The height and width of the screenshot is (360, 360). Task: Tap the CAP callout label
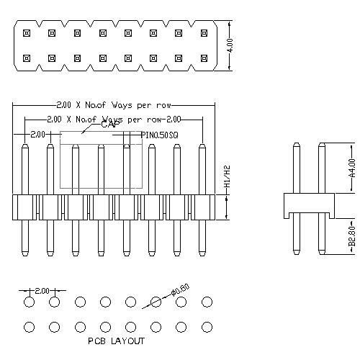tap(109, 125)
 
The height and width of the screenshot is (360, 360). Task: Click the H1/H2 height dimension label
tap(228, 177)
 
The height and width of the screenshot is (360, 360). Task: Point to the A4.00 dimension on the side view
tap(352, 168)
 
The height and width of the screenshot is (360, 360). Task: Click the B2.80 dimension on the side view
tap(352, 236)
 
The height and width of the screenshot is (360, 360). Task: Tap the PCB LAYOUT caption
tap(116, 341)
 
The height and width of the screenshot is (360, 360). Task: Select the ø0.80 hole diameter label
tap(180, 291)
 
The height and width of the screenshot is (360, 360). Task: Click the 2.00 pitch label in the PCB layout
tap(42, 290)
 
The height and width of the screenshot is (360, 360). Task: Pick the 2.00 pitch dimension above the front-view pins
tap(37, 134)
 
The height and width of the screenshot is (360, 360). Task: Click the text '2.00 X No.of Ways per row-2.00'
tap(114, 119)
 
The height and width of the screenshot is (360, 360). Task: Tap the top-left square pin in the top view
tap(26, 33)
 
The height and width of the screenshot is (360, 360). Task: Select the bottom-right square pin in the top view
tap(205, 58)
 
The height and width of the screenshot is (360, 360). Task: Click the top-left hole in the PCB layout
tap(29, 302)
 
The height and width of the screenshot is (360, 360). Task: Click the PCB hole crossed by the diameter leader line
tap(156, 302)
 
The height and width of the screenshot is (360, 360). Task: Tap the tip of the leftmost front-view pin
tap(24, 147)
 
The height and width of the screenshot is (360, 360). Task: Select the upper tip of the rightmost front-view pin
tap(202, 147)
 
